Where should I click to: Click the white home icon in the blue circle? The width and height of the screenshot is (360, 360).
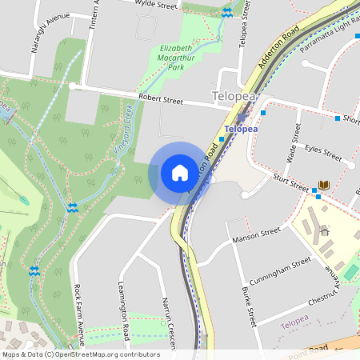click(179, 172)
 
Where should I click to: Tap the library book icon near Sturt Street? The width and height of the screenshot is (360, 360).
click(323, 186)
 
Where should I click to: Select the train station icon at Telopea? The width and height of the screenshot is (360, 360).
click(241, 117)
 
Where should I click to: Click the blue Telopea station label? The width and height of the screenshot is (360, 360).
click(241, 128)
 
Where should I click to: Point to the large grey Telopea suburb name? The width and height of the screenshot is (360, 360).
click(237, 97)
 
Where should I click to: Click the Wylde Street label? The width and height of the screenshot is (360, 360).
click(156, 6)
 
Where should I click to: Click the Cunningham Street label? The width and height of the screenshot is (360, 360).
click(279, 267)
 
